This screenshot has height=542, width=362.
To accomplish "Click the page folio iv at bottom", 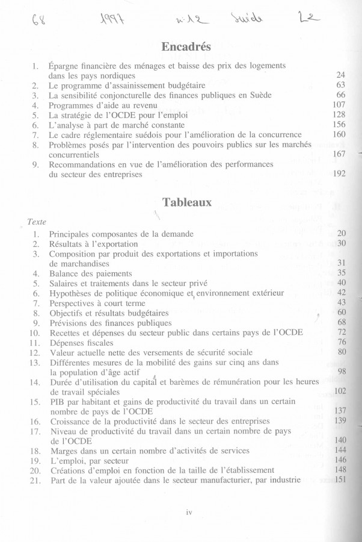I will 188,512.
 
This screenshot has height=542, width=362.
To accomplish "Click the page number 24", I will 340,75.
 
